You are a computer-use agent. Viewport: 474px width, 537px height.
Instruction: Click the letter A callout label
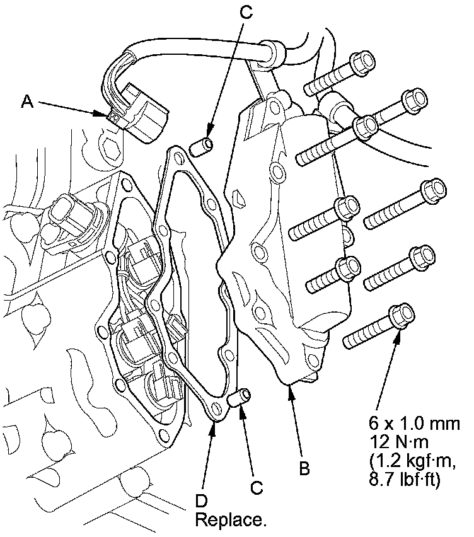click(x=26, y=101)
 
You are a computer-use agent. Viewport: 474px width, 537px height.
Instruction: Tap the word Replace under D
click(x=231, y=521)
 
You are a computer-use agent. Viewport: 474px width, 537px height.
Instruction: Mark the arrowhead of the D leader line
click(x=213, y=421)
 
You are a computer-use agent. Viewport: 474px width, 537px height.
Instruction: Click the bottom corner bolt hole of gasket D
click(x=217, y=409)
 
